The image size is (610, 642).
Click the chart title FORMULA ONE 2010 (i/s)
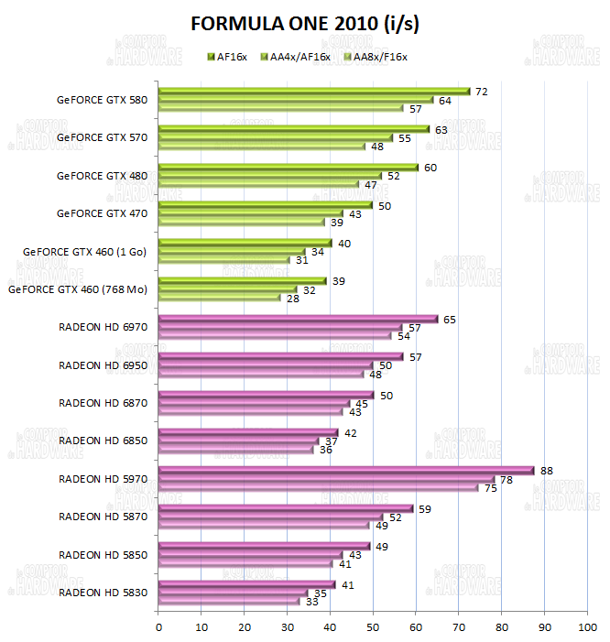(x=305, y=23)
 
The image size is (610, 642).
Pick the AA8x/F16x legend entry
(x=375, y=57)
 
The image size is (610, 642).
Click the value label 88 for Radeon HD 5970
(x=547, y=471)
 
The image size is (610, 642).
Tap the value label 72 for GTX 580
(x=480, y=92)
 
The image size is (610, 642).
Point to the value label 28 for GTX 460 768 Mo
(x=292, y=299)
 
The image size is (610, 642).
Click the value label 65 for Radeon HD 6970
(x=449, y=320)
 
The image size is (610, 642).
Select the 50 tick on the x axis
(x=373, y=627)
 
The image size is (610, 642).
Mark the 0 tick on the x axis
(x=159, y=627)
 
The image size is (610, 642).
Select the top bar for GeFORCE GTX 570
(x=293, y=129)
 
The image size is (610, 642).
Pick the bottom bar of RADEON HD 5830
(x=229, y=601)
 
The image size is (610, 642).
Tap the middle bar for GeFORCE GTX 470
(x=250, y=214)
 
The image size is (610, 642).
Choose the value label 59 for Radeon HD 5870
(x=424, y=508)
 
